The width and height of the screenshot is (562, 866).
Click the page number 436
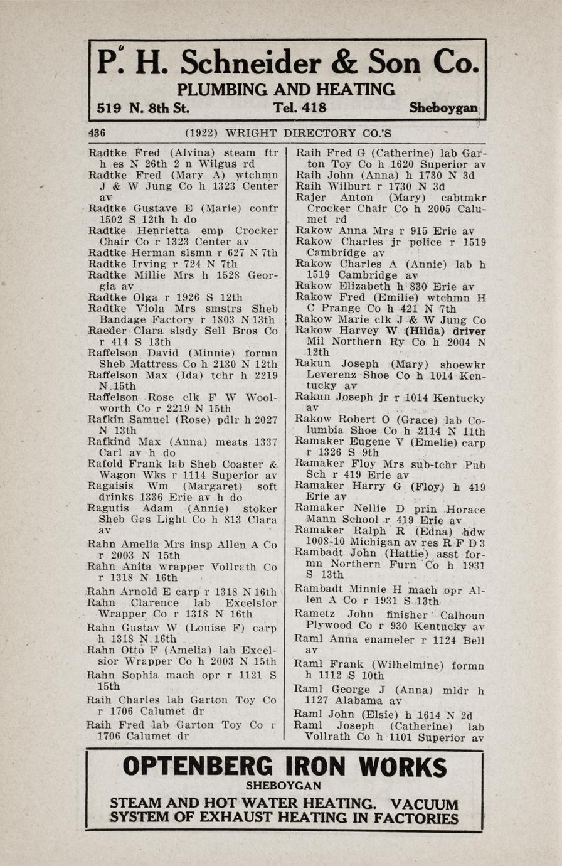(97, 133)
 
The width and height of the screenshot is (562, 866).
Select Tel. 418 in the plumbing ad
(300, 108)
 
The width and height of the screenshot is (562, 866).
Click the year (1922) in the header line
(201, 133)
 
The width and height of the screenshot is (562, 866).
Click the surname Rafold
(105, 464)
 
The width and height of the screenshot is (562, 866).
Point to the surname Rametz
(315, 614)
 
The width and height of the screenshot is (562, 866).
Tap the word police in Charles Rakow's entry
(425, 242)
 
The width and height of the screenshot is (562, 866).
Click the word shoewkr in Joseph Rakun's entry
(463, 364)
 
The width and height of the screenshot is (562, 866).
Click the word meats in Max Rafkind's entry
(231, 442)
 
